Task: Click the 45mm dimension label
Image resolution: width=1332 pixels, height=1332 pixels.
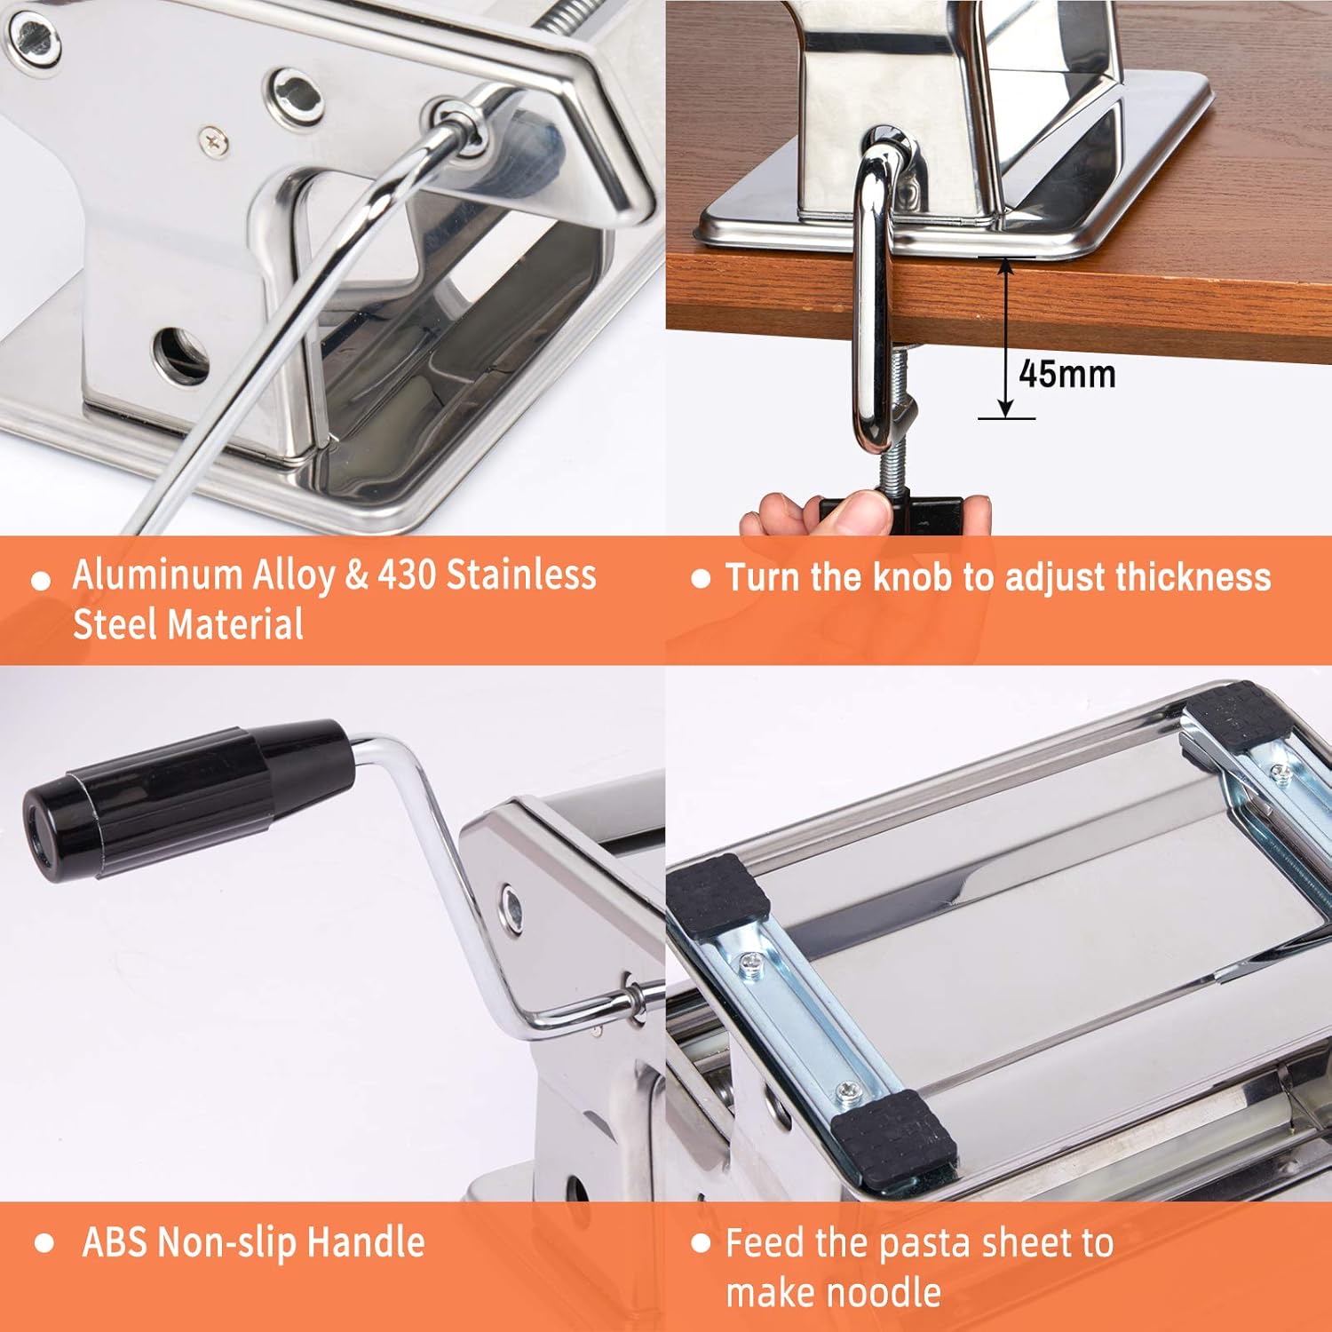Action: point(1066,374)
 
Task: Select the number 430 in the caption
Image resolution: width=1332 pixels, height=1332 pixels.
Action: point(406,575)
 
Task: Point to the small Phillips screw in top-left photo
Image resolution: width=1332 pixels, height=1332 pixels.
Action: point(213,139)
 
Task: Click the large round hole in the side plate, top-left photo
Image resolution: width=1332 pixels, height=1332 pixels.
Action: point(181,355)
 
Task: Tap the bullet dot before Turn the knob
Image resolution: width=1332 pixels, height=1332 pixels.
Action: point(701,579)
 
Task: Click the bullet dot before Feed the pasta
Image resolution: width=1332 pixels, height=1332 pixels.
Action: point(701,1242)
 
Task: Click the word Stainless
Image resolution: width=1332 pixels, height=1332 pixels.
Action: point(520,575)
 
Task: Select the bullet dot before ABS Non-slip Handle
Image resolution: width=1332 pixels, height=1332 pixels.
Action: point(44,1243)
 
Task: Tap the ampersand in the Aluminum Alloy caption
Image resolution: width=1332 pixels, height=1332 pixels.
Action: point(355,575)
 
